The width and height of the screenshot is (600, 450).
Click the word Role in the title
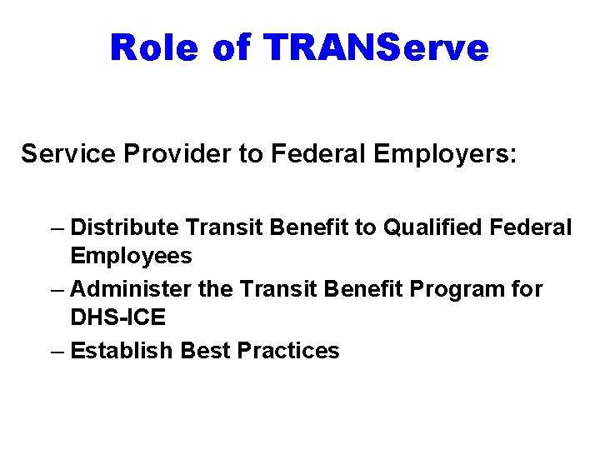153,47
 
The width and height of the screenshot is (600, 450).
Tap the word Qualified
423,227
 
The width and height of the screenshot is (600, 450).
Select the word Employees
131,256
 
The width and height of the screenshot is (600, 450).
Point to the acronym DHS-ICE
117,317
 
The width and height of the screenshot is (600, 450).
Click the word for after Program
527,289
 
